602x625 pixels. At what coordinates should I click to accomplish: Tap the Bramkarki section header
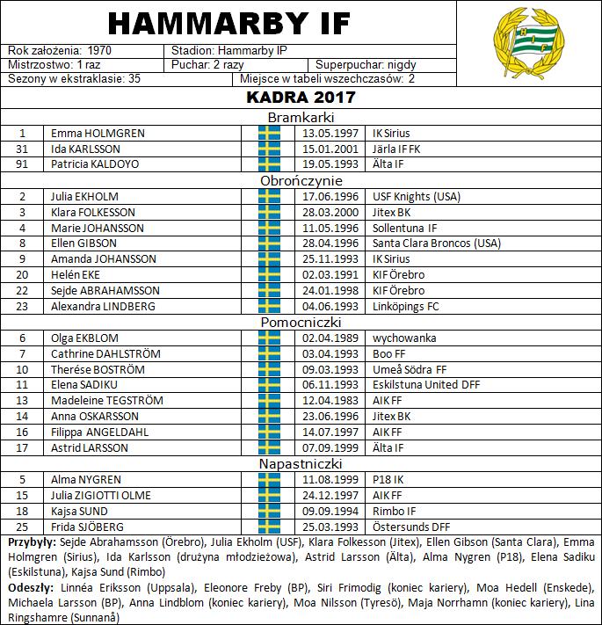coord(301,117)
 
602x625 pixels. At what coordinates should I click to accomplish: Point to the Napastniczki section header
coord(301,463)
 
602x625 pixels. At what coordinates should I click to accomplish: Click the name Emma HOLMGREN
coord(98,134)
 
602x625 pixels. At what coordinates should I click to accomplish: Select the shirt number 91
coord(23,164)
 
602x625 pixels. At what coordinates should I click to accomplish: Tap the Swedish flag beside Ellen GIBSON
coord(269,243)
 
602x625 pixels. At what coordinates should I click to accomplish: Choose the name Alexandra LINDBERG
coord(103,306)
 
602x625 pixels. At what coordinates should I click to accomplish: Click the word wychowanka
coord(405,338)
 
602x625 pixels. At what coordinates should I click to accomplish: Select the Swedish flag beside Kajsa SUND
coord(269,511)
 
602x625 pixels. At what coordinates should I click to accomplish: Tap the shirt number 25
coord(23,527)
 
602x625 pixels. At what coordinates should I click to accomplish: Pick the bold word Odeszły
coord(31,586)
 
